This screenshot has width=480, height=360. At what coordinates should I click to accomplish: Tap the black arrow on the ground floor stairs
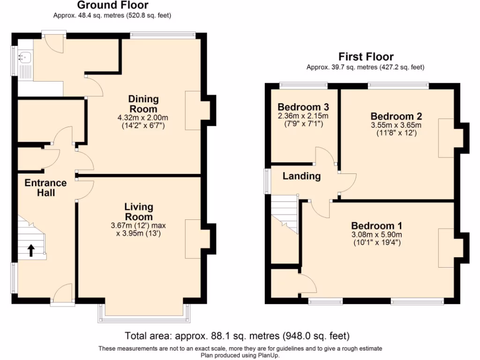pos(31,251)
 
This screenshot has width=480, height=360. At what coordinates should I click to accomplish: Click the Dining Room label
pos(143,104)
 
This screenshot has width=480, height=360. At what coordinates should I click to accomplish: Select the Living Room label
pos(139,212)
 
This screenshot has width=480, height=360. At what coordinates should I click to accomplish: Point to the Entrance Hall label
pos(46,187)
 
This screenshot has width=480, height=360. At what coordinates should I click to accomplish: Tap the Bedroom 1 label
pos(377,225)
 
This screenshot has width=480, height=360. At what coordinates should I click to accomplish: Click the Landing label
pos(301,176)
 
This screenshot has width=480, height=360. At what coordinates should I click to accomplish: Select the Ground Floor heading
pos(112,6)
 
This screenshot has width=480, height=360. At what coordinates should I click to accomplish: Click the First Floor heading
pos(366,57)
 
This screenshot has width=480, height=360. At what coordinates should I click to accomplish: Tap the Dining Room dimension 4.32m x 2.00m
pos(143,118)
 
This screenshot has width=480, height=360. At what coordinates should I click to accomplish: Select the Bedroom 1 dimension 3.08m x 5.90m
pos(377,235)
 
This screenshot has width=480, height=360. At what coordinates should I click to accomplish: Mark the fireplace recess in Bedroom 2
pos(446,138)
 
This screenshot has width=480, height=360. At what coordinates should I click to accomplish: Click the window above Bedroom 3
pos(303,85)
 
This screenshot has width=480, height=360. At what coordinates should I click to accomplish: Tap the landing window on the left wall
pos(267,180)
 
